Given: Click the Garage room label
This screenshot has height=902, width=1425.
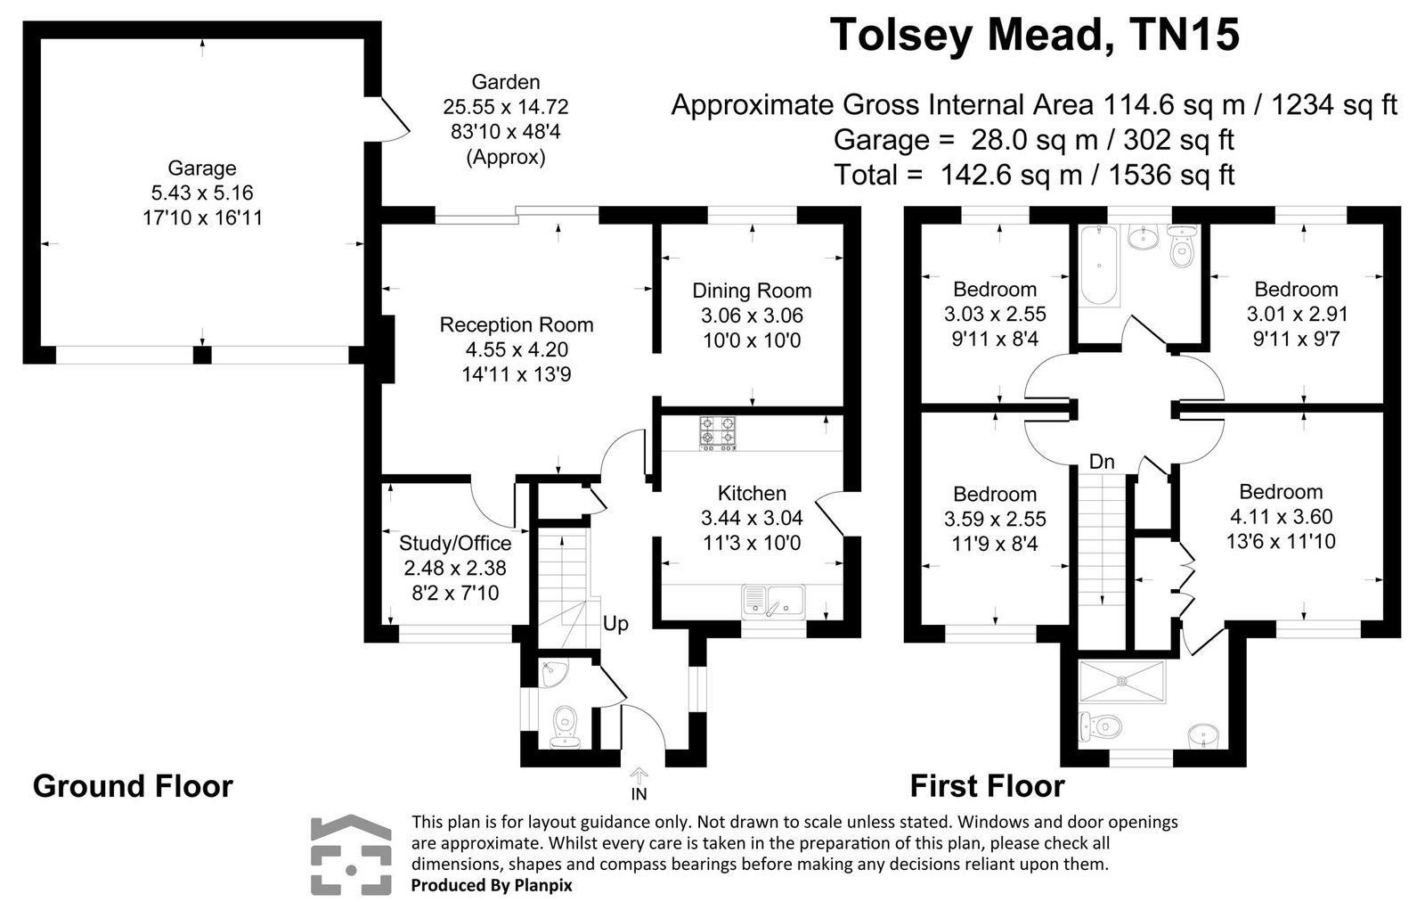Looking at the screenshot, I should tap(202, 168).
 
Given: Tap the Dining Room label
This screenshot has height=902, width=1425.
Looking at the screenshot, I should tap(752, 291).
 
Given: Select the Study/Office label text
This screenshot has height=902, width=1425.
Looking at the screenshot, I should tap(455, 543).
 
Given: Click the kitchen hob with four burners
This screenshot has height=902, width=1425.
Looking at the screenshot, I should tap(718, 434).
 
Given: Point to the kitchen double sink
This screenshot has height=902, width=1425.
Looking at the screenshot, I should tap(773, 601).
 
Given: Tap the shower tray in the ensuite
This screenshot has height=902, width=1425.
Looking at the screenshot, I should tap(1123, 682).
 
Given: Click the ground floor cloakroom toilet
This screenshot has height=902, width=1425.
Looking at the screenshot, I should tap(563, 724).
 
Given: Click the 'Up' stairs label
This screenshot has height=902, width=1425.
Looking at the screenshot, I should tap(615, 624).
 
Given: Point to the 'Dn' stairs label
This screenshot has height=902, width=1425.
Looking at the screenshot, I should tap(1102, 462).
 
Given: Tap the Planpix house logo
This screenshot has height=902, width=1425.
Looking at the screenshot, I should tap(351, 855).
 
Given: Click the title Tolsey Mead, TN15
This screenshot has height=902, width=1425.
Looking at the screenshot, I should tap(1034, 37).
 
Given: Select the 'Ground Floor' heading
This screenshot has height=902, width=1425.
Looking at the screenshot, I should tap(133, 786).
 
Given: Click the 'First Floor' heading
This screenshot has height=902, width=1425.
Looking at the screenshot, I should tap(987, 786).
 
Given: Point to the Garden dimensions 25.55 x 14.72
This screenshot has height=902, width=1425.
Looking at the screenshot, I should tap(505, 107).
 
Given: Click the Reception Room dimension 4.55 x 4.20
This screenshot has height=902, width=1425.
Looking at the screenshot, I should tap(516, 349).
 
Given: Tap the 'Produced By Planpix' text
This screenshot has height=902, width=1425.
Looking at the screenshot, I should tap(491, 885).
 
